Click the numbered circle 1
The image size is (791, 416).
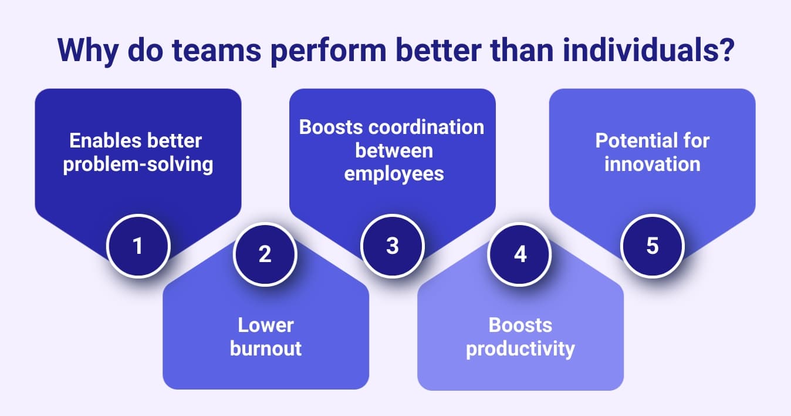[138, 246]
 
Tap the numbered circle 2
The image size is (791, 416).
[265, 254]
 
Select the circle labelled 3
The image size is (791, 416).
[392, 246]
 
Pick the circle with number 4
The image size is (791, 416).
[520, 254]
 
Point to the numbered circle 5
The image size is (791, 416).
[652, 246]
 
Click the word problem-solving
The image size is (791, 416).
[138, 164]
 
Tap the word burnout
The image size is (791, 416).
[266, 348]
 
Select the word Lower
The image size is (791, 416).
[266, 325]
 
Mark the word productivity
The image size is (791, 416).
[520, 348]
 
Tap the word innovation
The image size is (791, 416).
[652, 164]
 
